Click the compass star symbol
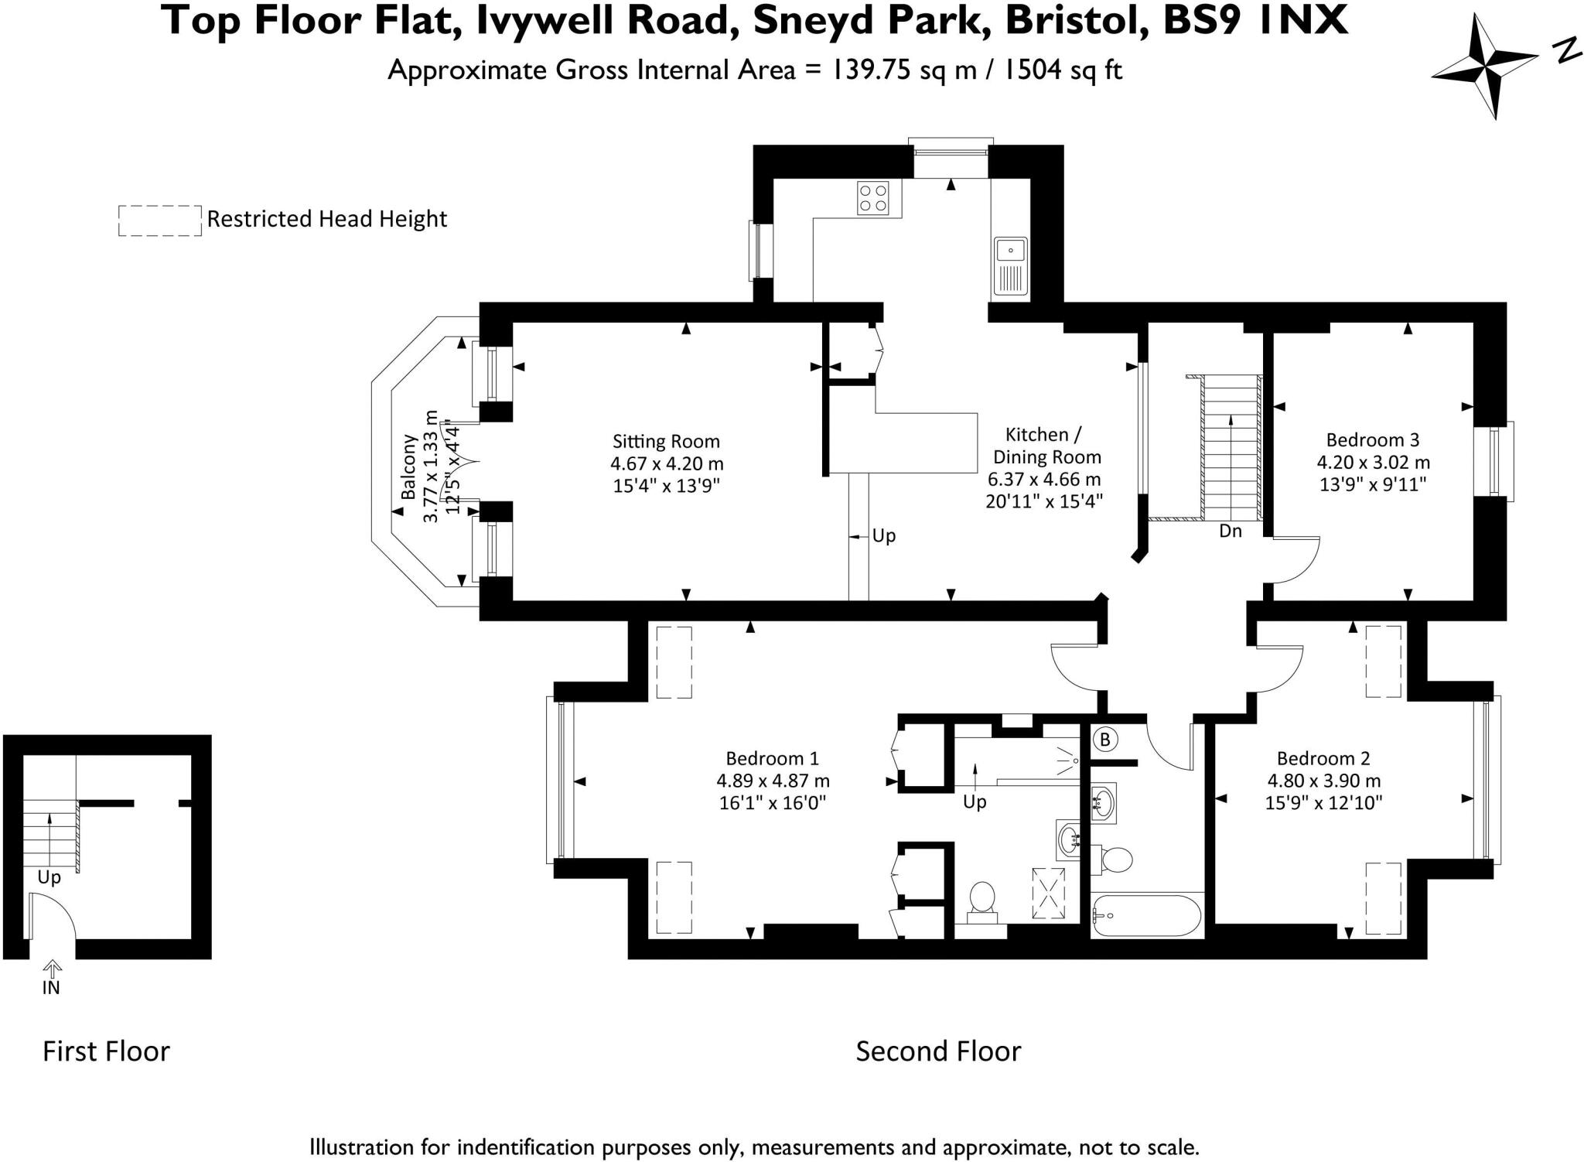(x=1484, y=67)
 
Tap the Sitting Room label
(x=666, y=442)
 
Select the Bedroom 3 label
(x=1372, y=440)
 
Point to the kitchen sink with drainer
(x=1010, y=266)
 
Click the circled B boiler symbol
(x=1104, y=740)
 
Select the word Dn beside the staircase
(x=1230, y=531)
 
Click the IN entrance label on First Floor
(x=51, y=988)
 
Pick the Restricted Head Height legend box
(x=159, y=220)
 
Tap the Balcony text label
(x=408, y=466)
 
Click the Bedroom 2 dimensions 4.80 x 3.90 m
(x=1323, y=781)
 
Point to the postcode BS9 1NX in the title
(x=1255, y=22)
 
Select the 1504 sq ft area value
(x=1062, y=70)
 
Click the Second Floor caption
(x=937, y=1051)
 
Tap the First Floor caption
(x=106, y=1051)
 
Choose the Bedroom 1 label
(x=771, y=758)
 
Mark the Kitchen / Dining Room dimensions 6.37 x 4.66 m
(x=1043, y=480)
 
